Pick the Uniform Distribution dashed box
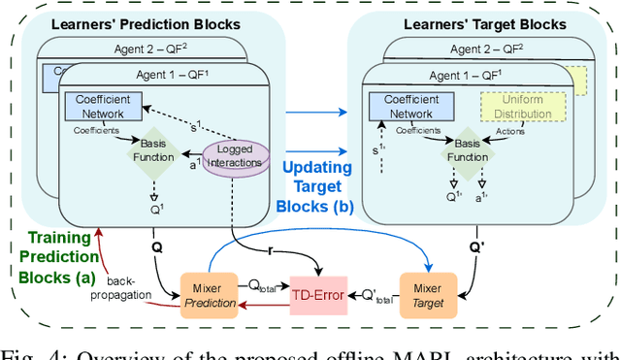pos(514,107)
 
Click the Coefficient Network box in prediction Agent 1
pos(102,107)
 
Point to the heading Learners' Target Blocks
pos(474,24)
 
